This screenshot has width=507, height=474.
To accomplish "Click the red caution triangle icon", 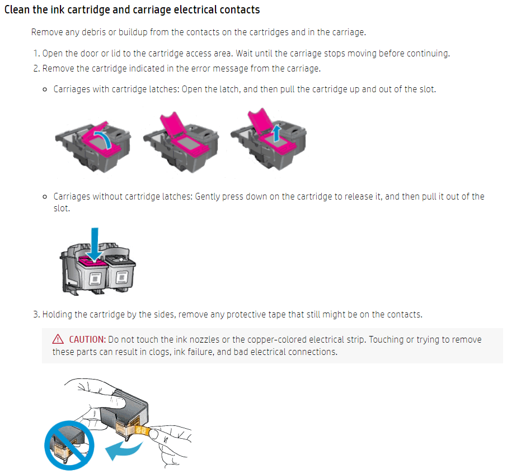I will pos(58,339).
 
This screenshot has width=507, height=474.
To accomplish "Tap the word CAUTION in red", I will pos(87,339).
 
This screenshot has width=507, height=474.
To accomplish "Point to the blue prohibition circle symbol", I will pos(69,445).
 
